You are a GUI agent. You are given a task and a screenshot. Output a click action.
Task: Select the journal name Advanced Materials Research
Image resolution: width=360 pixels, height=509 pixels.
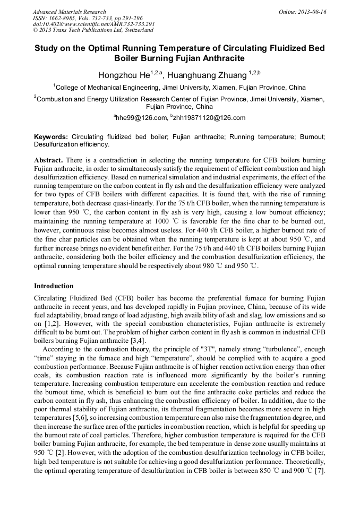point(69,11)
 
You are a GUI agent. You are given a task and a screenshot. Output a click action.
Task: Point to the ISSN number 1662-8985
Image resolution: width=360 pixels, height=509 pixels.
point(61,18)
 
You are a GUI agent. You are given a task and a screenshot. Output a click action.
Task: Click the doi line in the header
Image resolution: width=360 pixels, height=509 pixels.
point(93,24)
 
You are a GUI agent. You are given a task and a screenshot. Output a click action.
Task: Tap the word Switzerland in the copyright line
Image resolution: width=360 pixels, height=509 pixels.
point(135,30)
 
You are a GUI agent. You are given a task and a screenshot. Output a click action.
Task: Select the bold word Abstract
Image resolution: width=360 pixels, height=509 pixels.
point(48,160)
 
